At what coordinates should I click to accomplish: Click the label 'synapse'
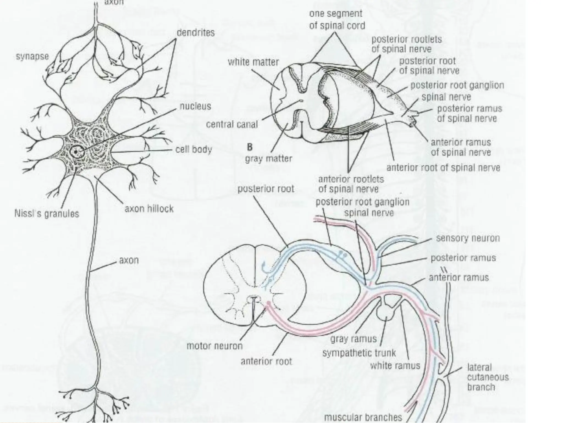(x=32, y=57)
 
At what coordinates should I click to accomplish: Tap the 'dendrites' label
(x=195, y=33)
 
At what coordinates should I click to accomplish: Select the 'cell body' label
(x=194, y=150)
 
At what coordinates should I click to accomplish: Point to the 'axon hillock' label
(x=149, y=209)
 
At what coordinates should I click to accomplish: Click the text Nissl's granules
(x=46, y=213)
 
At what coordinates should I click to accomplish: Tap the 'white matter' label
(x=253, y=62)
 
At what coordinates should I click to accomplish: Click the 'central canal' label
(x=232, y=124)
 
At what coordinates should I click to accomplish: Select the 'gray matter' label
(x=269, y=159)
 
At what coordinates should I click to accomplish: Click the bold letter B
(x=250, y=147)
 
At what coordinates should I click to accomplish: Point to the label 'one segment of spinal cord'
(x=337, y=20)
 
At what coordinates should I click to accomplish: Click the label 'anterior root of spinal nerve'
(x=443, y=168)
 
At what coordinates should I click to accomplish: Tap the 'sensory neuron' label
(x=468, y=238)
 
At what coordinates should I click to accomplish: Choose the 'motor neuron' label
(x=214, y=346)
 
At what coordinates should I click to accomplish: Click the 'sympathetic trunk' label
(x=359, y=353)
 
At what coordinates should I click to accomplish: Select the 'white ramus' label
(x=395, y=366)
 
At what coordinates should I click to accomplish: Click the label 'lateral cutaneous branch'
(x=488, y=377)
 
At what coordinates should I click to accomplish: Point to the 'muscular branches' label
(x=363, y=417)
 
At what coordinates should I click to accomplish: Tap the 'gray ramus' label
(x=353, y=339)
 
